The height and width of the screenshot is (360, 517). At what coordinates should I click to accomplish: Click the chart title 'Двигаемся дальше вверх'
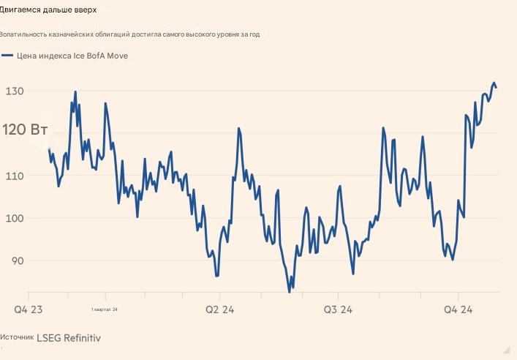48,10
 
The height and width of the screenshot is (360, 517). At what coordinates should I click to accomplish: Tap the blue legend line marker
7,56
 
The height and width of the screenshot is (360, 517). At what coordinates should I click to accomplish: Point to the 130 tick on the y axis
15,91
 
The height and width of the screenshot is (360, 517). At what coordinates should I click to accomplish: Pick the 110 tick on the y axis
15,176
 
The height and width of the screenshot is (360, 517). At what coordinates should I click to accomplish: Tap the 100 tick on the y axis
15,219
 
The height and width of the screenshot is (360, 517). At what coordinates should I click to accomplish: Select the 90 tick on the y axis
15,261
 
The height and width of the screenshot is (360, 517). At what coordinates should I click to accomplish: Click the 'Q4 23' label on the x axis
29,310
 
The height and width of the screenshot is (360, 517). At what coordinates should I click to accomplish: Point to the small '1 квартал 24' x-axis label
105,310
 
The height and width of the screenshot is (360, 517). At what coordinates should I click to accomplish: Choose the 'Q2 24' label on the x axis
219,310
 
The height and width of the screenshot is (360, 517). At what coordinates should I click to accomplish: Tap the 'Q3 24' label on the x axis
338,310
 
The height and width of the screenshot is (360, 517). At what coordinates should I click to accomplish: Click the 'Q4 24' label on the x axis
458,310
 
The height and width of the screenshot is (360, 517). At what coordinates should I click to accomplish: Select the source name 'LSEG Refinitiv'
69,338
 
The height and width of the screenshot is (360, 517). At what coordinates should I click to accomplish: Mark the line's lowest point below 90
289,291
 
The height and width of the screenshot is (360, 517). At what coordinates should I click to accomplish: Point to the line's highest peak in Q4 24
494,83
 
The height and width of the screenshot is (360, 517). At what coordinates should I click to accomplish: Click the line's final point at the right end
497,88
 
